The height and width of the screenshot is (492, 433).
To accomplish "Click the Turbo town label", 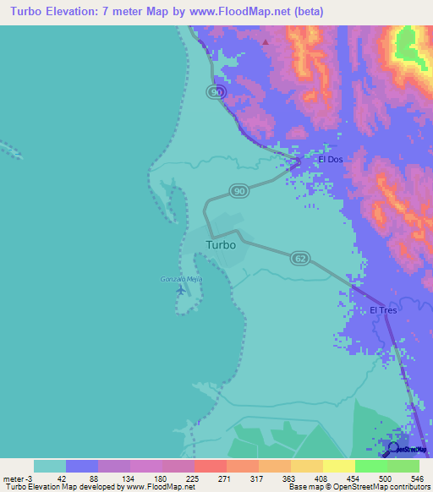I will pos(221,245).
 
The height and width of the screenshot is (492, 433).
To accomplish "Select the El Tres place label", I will pos(383,310).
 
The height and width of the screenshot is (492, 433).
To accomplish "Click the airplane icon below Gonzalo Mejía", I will pos(180,290).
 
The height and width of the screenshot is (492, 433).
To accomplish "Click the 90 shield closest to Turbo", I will pos(239,192).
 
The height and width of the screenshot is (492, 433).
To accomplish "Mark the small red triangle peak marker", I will pos(266,41).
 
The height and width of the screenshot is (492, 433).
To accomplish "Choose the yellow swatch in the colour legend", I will pos(337,466).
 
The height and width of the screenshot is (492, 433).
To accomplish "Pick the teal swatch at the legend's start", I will pos(50,466).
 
